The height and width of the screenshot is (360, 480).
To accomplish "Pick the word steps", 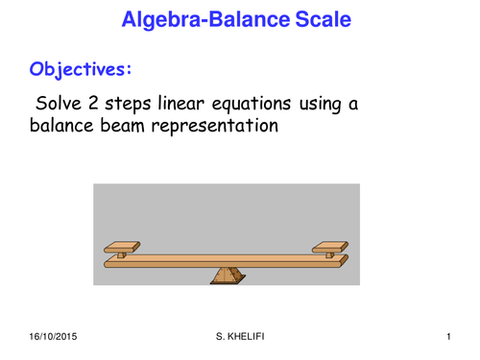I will [x=134, y=104].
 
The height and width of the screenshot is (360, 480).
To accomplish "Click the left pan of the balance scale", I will [x=123, y=246].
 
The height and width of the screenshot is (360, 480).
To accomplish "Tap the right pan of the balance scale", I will [x=331, y=246].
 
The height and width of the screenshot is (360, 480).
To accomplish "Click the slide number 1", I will [x=448, y=338].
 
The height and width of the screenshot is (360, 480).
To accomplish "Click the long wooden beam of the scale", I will [x=227, y=259].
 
